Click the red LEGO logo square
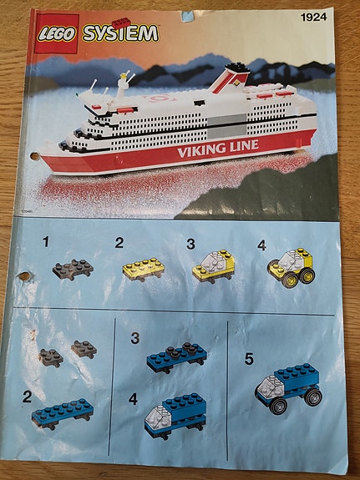pyautogui.click(x=56, y=33)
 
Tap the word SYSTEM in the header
pyautogui.click(x=120, y=33)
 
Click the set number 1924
pyautogui.click(x=314, y=18)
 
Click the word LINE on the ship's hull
pyautogui.click(x=243, y=145)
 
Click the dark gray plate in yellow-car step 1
pyautogui.click(x=73, y=270)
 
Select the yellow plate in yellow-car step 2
pyautogui.click(x=144, y=269)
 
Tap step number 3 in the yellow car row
pyautogui.click(x=190, y=245)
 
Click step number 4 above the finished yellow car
pyautogui.click(x=261, y=245)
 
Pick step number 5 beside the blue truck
pyautogui.click(x=249, y=359)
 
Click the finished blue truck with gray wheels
pyautogui.click(x=288, y=388)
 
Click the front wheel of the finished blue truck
pyautogui.click(x=278, y=406)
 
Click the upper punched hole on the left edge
pyautogui.click(x=34, y=156)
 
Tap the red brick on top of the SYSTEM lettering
pyautogui.click(x=121, y=23)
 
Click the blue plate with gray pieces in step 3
pyautogui.click(x=176, y=357)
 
